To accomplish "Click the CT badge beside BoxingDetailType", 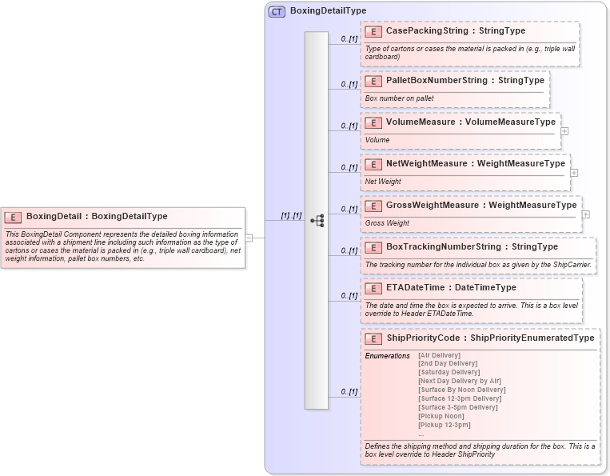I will [x=277, y=11].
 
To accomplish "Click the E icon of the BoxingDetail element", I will [x=13, y=216].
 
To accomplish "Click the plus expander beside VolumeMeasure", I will [x=565, y=130].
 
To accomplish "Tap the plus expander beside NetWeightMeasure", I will [x=575, y=172].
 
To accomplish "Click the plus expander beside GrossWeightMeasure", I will [x=586, y=214].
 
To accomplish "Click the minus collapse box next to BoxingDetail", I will [x=249, y=238].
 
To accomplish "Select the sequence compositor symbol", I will [x=317, y=221].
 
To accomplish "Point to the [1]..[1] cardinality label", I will [x=290, y=215].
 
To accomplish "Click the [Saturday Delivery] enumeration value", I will [x=449, y=372].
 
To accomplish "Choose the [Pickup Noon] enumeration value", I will [x=441, y=416].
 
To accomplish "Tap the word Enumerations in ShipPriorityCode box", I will [x=388, y=355].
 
